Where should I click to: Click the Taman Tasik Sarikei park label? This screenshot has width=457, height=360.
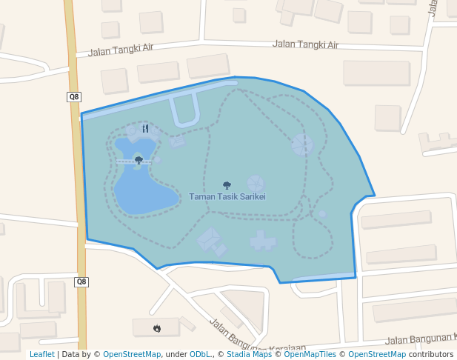click(227, 197)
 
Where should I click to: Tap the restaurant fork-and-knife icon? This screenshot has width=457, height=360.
click(145, 128)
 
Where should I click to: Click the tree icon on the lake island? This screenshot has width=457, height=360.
click(139, 159)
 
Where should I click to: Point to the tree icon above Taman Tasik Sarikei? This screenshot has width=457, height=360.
click(227, 185)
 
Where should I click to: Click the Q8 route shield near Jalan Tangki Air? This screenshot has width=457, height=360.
click(73, 96)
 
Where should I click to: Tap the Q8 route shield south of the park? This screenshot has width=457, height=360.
click(81, 281)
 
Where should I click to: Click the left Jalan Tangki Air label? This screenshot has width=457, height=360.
click(120, 50)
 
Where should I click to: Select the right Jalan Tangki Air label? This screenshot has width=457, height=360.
click(305, 44)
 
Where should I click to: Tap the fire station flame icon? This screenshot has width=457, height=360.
click(156, 327)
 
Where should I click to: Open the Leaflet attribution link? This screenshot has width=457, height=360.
click(42, 354)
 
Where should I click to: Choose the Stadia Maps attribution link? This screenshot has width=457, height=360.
click(249, 354)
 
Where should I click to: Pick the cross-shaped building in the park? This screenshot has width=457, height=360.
click(261, 240)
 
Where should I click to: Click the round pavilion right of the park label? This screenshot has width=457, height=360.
click(256, 183)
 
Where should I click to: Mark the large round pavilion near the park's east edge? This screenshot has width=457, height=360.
click(302, 144)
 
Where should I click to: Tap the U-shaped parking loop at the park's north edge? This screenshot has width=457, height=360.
click(184, 110)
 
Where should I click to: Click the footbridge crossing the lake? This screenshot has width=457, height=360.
click(134, 161)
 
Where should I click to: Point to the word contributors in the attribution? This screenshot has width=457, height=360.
click(430, 354)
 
